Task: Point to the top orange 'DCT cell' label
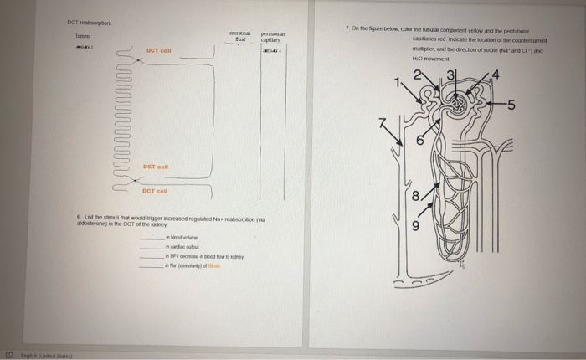[x=158, y=51]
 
